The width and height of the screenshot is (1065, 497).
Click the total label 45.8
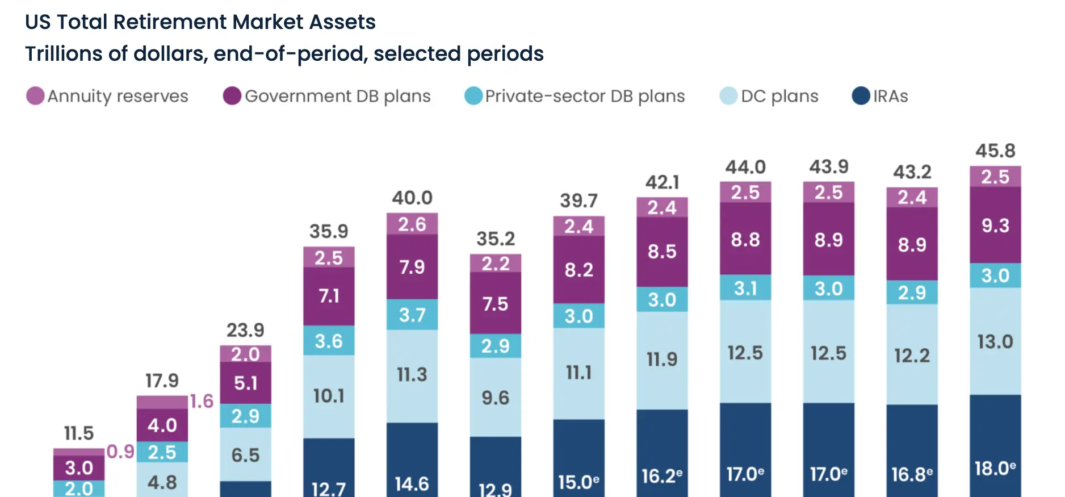pyautogui.click(x=995, y=151)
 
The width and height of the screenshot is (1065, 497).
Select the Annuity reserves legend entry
pyautogui.click(x=107, y=96)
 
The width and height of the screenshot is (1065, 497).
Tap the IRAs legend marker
pyautogui.click(x=861, y=96)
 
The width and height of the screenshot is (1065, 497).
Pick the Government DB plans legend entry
pyautogui.click(x=327, y=96)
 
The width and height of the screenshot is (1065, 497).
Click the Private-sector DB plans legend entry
pyautogui.click(x=575, y=96)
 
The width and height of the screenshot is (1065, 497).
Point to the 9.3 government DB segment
pyautogui.click(x=995, y=225)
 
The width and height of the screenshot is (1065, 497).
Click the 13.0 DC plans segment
pyautogui.click(x=995, y=341)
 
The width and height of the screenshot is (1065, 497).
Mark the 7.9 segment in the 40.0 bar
pyautogui.click(x=412, y=267)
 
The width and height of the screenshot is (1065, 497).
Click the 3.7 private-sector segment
pyautogui.click(x=412, y=315)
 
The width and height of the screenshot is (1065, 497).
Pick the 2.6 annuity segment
pyautogui.click(x=412, y=224)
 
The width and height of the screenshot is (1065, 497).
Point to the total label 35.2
pyautogui.click(x=495, y=239)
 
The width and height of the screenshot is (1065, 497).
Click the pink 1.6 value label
pyautogui.click(x=202, y=402)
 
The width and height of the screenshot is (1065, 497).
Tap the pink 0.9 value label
pyautogui.click(x=120, y=452)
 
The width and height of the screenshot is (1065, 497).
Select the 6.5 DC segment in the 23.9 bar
pyautogui.click(x=245, y=455)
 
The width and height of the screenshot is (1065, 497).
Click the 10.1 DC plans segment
pyautogui.click(x=329, y=396)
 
